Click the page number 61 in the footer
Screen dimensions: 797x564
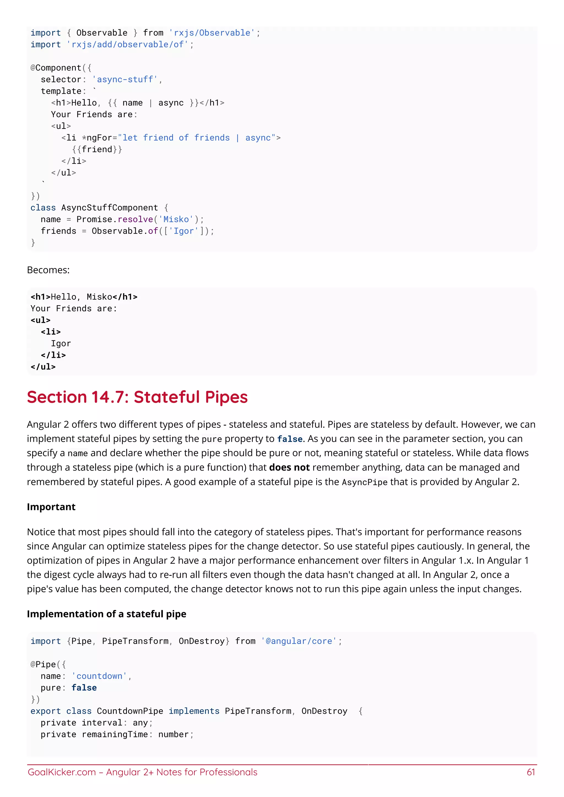tap(531, 772)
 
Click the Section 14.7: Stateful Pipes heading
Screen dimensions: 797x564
tap(137, 397)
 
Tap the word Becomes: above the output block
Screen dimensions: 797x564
tap(48, 270)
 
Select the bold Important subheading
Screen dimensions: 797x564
tap(51, 507)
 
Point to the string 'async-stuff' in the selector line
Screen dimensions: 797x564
tap(125, 80)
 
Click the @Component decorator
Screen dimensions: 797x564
tap(56, 68)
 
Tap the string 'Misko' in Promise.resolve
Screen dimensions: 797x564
tap(176, 219)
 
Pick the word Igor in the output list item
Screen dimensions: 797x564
tap(61, 344)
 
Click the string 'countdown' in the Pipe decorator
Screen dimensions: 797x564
tap(99, 676)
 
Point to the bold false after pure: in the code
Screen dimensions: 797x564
tap(84, 688)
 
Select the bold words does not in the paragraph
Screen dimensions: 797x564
tap(289, 467)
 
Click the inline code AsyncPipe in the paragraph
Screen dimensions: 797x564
tap(364, 482)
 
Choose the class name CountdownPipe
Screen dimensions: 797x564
tap(130, 711)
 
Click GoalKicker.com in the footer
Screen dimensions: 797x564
tap(61, 772)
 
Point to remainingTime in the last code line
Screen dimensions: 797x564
tap(115, 734)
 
